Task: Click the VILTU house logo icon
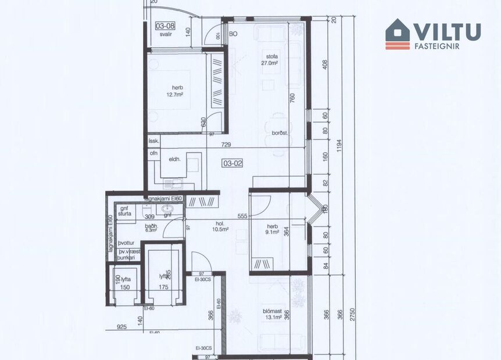coord(398,34)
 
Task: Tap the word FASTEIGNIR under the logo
coord(438,46)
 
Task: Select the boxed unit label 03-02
coord(232,164)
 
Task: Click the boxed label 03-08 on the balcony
coord(165,26)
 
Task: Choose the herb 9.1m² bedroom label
coord(273,229)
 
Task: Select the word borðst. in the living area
coord(280,133)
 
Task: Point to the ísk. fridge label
coord(154,141)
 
